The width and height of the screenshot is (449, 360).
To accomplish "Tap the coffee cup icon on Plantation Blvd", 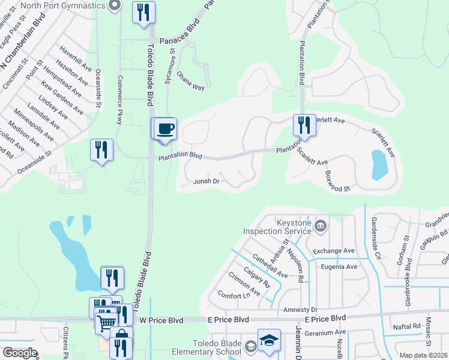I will click(x=165, y=129).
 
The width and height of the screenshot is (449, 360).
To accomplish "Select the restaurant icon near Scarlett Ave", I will click(x=301, y=125).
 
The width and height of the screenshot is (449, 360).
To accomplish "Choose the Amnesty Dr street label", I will click(x=301, y=310).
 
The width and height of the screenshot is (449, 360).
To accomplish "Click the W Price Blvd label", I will click(x=161, y=320).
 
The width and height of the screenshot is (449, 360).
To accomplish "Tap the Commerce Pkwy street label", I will click(x=120, y=100).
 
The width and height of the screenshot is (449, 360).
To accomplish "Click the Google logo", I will click(x=19, y=352).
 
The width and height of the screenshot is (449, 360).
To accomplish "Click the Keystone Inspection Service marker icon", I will click(x=321, y=226).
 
